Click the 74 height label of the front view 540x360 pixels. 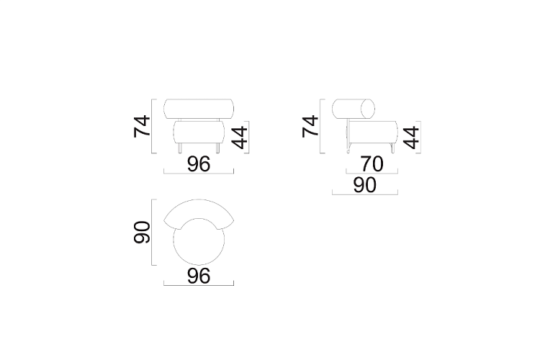coord(142,127)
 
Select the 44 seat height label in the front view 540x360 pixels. coord(239,137)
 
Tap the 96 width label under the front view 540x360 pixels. coord(199,164)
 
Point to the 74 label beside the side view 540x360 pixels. coord(310,127)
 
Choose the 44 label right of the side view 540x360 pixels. coord(411,137)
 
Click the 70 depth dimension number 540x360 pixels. coord(372,164)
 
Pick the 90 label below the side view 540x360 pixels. coord(365,185)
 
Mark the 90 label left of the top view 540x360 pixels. coord(142,233)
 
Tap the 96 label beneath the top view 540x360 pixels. coord(199,276)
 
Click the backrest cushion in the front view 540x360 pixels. coord(199,109)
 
